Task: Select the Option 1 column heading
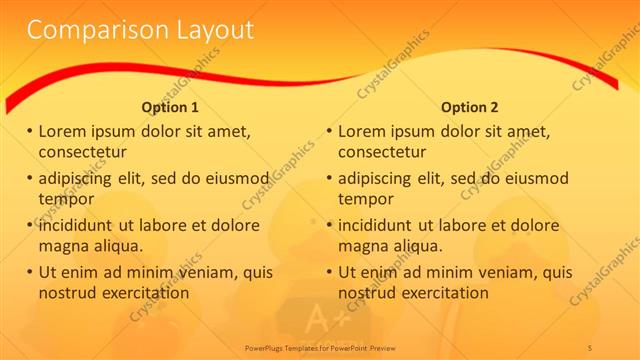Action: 170,107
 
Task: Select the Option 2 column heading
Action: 469,107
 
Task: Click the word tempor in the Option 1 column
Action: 65,198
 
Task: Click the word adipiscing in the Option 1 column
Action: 78,179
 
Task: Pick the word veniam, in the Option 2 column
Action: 504,271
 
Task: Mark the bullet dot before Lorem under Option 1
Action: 30,131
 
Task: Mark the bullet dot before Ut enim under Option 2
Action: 330,272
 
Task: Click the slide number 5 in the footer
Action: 591,347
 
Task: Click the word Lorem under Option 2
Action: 363,131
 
